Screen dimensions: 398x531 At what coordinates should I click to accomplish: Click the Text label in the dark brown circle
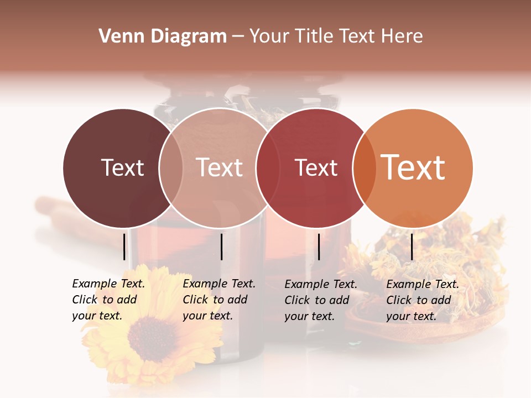click(122, 167)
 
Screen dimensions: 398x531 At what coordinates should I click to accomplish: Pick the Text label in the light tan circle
click(220, 167)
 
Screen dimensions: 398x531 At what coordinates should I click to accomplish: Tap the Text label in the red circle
click(316, 167)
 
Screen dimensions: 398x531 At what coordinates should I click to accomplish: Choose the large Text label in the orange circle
click(413, 167)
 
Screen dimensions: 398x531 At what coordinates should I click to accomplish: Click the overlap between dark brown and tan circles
click(171, 167)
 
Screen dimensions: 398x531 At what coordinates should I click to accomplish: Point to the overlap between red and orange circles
click(365, 167)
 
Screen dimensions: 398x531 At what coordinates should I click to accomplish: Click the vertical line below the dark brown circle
click(124, 247)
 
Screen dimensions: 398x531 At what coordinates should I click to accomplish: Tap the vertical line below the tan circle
click(221, 247)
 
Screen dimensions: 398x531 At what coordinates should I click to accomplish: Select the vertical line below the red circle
click(319, 247)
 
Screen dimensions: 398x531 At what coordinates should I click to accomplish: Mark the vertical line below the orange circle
click(412, 247)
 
